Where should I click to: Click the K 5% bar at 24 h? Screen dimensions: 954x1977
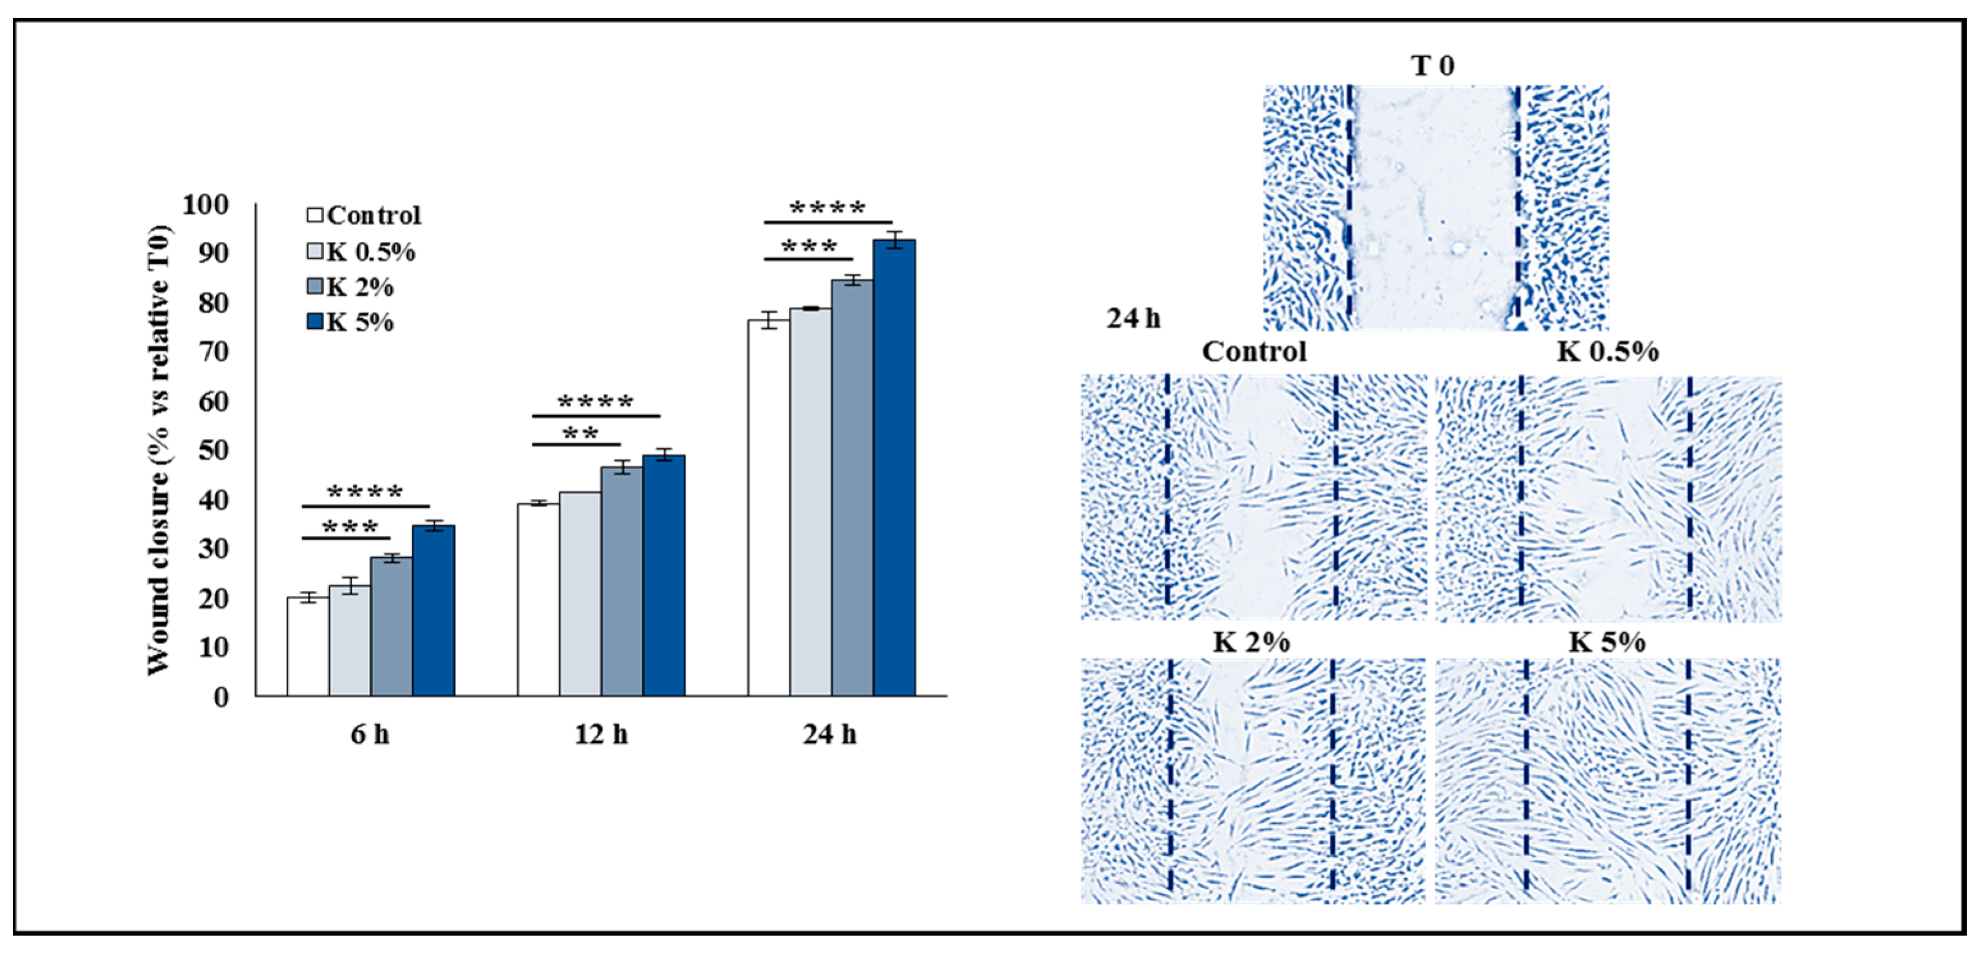[x=894, y=468]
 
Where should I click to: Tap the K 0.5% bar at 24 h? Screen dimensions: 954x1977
[x=810, y=502]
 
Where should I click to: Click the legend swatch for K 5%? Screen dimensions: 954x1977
[x=314, y=321]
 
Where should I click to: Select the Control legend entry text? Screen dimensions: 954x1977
[x=374, y=216]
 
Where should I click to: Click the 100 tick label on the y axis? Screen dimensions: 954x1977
[x=205, y=205]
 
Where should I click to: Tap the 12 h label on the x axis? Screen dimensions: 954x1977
[x=601, y=735]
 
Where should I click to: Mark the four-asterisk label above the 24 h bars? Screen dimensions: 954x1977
[x=828, y=209]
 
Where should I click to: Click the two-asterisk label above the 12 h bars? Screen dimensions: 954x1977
[x=580, y=434]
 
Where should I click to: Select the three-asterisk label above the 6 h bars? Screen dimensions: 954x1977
[x=350, y=528]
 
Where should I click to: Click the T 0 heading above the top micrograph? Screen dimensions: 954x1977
[x=1433, y=66]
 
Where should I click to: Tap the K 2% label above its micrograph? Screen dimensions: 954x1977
[x=1251, y=642]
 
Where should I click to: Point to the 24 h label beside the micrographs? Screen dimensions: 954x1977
[x=1133, y=318]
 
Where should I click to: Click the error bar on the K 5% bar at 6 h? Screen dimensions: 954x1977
[x=433, y=526]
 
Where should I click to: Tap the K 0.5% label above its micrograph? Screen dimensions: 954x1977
[x=1607, y=351]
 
